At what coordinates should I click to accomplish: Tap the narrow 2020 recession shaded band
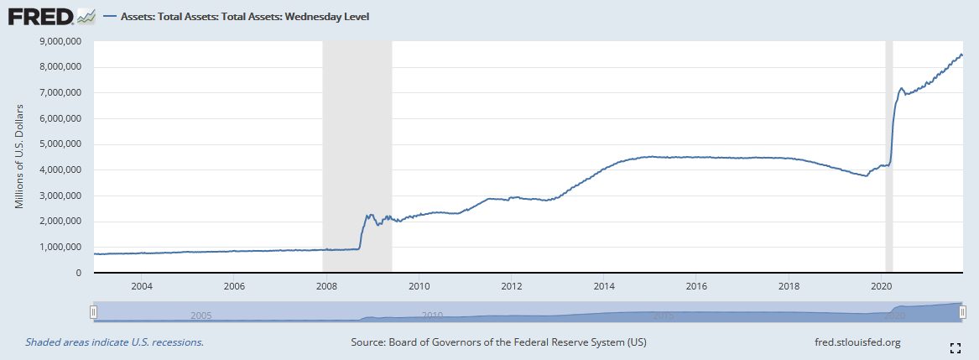click(889, 157)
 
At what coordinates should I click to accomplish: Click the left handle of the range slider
click(94, 313)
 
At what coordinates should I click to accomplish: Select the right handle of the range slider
click(961, 313)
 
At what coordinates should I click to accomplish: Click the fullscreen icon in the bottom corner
click(955, 347)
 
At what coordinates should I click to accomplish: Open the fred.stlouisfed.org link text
click(857, 342)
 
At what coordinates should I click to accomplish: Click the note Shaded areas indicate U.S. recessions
click(115, 342)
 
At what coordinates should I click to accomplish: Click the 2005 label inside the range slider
click(200, 316)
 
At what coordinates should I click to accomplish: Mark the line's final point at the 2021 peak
click(961, 55)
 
